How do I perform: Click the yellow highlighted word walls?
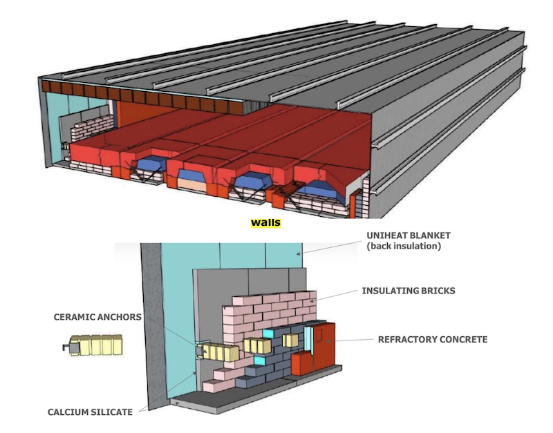[x=266, y=224]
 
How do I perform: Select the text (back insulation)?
[x=404, y=245]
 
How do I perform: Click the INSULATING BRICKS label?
[x=409, y=291]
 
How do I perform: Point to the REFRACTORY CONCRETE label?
[x=432, y=340]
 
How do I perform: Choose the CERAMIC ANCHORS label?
[x=97, y=317]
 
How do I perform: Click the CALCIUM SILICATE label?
[x=90, y=412]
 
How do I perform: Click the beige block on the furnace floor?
[x=193, y=184]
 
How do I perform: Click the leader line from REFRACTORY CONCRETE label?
[x=356, y=340]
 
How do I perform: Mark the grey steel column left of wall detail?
[x=155, y=325]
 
